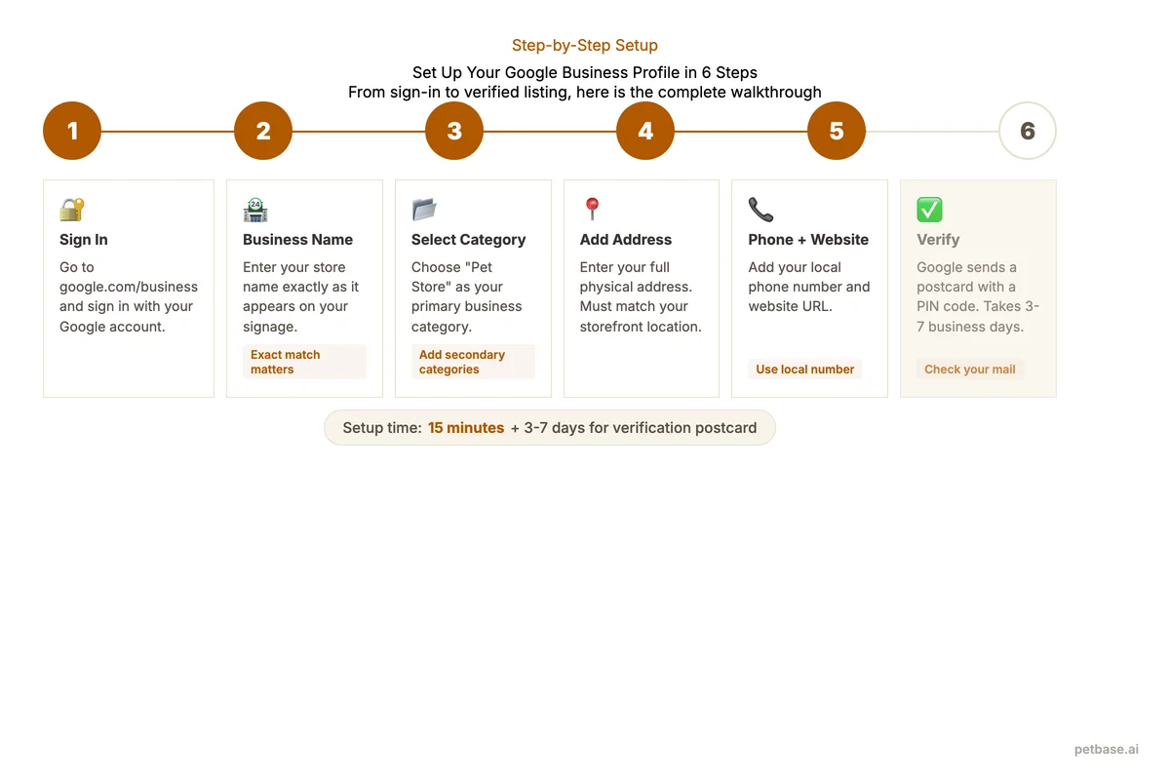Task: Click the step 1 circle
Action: (72, 131)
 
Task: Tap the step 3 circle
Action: (454, 131)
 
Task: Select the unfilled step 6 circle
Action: (1028, 131)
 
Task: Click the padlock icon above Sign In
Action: (72, 210)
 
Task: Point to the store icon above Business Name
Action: (255, 210)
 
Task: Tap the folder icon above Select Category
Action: (424, 210)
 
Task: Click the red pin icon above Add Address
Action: (592, 209)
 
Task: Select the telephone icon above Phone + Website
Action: (760, 210)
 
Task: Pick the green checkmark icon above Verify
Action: (929, 210)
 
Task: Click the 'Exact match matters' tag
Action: (304, 362)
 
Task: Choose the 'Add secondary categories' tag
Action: (473, 362)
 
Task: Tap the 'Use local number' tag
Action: (804, 370)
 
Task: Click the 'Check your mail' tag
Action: (969, 370)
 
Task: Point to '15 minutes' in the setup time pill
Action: (466, 428)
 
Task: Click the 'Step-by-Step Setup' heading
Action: (585, 46)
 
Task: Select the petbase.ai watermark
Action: (1106, 749)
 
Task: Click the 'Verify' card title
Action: (938, 240)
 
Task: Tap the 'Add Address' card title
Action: (625, 240)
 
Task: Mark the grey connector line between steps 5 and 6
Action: (932, 132)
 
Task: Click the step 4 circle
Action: (645, 131)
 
